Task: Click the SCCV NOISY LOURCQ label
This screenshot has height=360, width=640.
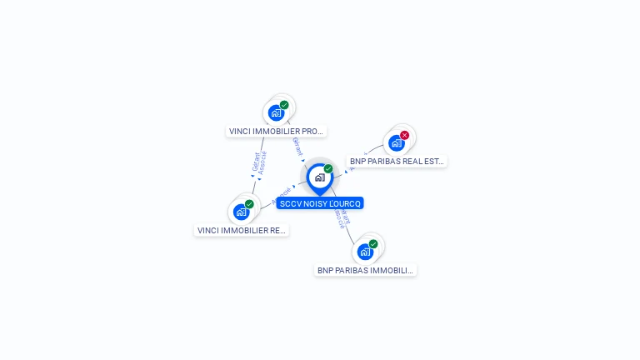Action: coord(320,203)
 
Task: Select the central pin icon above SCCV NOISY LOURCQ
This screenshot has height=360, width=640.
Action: coord(319,177)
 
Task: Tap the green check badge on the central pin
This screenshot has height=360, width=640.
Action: coord(328,169)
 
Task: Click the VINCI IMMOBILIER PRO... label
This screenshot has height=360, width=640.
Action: coord(276,132)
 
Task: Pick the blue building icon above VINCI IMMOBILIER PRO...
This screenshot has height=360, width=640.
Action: coord(277,112)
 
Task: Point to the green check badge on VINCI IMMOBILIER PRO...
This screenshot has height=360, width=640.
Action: coord(284,105)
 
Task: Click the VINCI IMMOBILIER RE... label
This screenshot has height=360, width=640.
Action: coord(242,230)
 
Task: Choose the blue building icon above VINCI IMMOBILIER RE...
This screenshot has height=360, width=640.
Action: coord(242,212)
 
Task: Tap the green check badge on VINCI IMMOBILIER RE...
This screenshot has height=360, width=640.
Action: coord(249,204)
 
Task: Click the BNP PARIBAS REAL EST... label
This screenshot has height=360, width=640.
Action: coord(397,162)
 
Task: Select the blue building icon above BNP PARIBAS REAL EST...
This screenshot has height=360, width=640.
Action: coord(397,142)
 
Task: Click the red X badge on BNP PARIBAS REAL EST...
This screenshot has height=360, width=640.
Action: coord(405,135)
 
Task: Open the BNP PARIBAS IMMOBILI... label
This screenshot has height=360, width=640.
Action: coord(365,270)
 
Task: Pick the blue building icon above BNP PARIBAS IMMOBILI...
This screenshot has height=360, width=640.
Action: coord(365,251)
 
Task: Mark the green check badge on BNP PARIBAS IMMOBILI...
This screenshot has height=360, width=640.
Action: coord(373,244)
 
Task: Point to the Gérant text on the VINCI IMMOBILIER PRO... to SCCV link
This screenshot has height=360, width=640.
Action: coord(297,147)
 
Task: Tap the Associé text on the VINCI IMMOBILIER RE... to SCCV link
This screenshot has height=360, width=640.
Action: coord(282,195)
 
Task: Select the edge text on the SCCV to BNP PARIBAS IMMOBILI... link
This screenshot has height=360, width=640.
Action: coord(342,217)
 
